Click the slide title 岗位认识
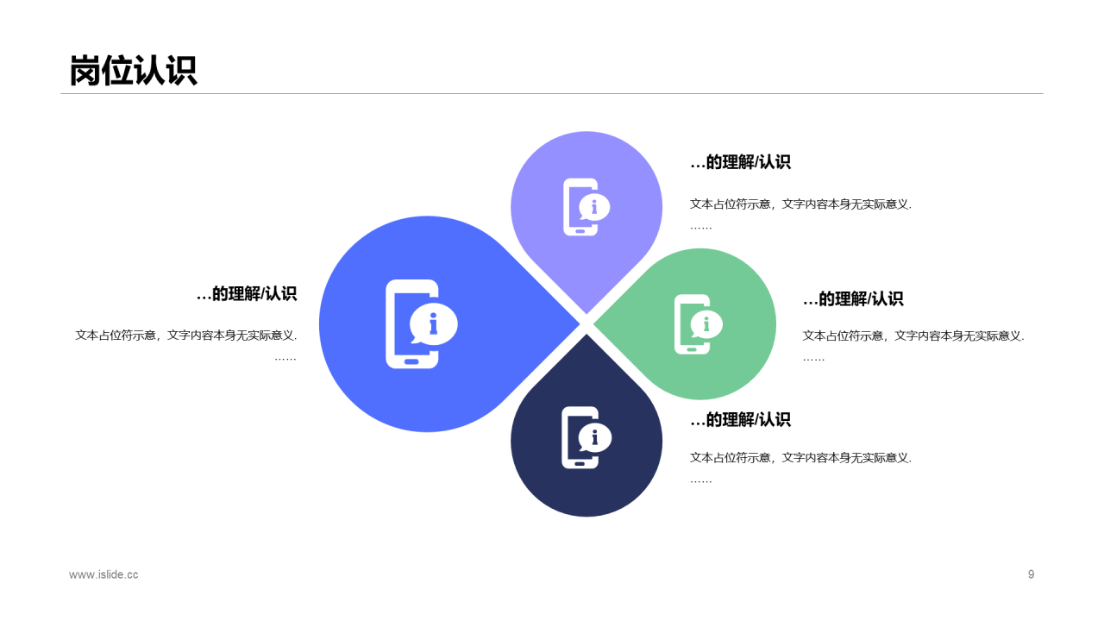tap(134, 71)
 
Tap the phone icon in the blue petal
tap(422, 323)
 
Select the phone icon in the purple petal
tap(586, 207)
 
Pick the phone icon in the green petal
tap(699, 324)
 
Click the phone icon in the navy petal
tap(586, 437)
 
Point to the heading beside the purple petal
tap(740, 161)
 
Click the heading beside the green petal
tap(853, 298)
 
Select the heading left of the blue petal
tap(247, 294)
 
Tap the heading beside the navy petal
tap(740, 419)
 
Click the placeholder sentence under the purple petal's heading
tap(801, 204)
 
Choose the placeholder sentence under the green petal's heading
tap(913, 336)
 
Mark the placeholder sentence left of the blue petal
tap(185, 336)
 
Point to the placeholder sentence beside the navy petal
tap(801, 458)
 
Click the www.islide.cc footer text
tap(103, 574)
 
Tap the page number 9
tap(1031, 574)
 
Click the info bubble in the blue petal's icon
tap(434, 323)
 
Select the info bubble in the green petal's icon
tap(706, 323)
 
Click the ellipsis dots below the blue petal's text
tap(285, 359)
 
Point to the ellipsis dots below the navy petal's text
tap(701, 481)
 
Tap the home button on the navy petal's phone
tap(580, 464)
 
